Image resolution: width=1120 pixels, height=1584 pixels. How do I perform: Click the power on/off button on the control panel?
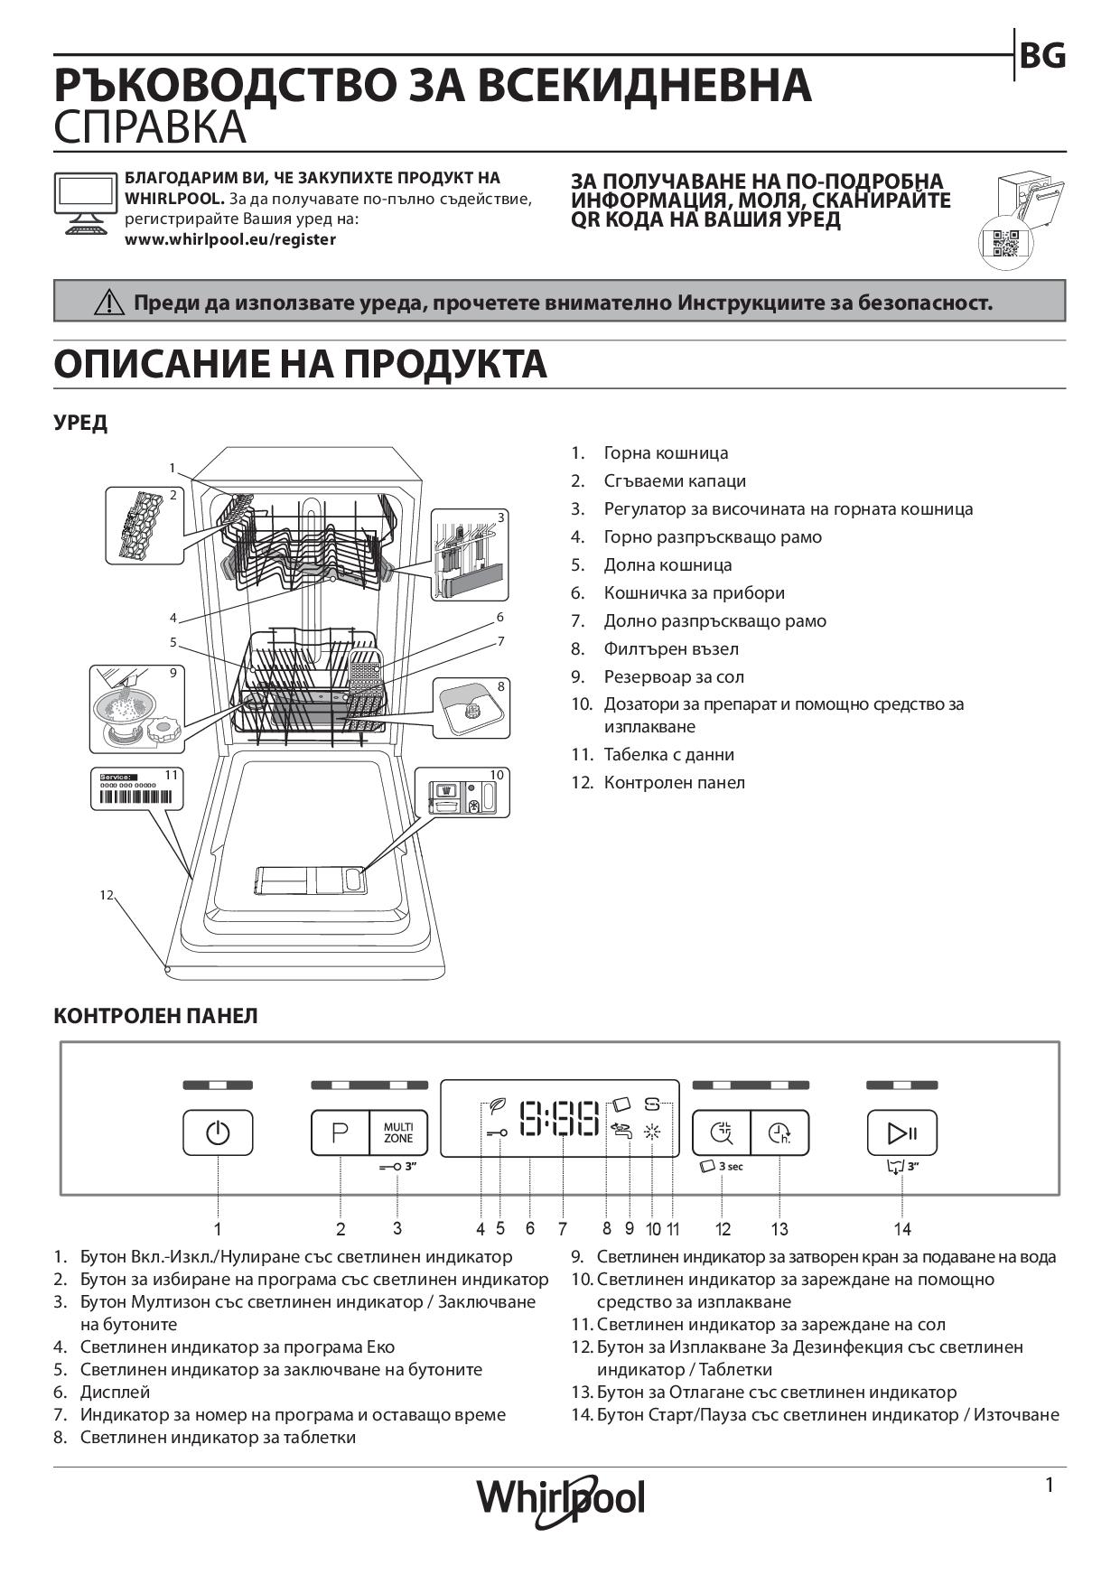(218, 1132)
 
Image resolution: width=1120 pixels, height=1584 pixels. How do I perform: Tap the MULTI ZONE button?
(398, 1132)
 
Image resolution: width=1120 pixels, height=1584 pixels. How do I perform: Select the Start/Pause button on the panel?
(902, 1132)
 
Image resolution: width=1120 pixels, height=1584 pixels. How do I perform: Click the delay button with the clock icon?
(779, 1132)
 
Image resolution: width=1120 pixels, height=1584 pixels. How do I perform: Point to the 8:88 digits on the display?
(561, 1119)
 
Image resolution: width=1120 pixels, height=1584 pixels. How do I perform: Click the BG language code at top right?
(1042, 56)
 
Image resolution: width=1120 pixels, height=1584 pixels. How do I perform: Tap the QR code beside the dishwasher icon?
(1004, 244)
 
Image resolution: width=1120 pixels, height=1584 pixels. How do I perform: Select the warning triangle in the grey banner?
(109, 303)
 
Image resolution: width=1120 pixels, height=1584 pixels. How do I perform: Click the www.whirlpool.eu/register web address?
(230, 239)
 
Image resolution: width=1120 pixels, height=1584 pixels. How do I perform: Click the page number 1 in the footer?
(1049, 1485)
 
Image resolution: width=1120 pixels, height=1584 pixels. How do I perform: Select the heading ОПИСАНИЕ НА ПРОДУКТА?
(300, 364)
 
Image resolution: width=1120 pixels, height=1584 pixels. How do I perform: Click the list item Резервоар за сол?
(674, 676)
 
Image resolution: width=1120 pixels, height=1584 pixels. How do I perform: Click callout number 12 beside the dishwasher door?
(107, 894)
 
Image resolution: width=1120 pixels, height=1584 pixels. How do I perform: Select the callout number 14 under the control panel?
(902, 1228)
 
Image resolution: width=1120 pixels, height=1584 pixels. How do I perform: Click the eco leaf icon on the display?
(497, 1105)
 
